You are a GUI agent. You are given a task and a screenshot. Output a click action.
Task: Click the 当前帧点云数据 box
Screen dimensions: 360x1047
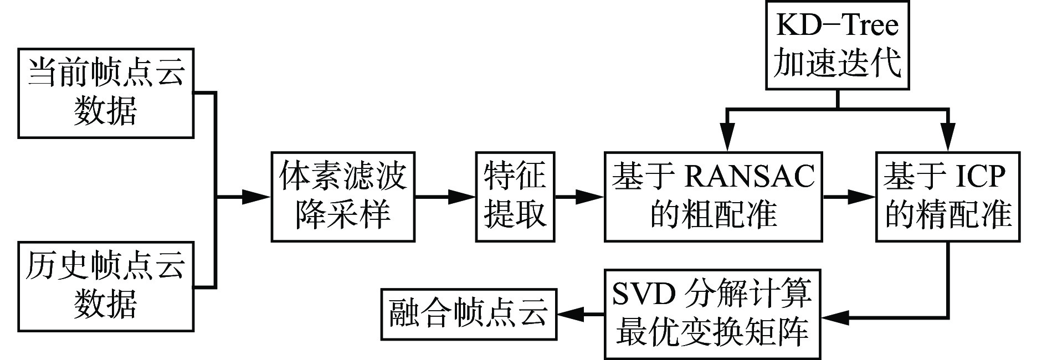(x=106, y=92)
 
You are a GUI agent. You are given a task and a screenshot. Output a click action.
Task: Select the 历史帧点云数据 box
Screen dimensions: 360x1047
(x=106, y=286)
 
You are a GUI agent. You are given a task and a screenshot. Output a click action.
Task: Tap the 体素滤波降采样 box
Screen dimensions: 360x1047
(x=343, y=196)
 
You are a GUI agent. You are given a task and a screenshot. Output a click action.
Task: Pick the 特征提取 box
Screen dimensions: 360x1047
(x=515, y=196)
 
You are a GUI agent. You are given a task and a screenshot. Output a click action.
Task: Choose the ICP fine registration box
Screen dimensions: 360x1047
(x=948, y=196)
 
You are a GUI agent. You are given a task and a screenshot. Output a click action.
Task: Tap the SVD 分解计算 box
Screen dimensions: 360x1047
(x=712, y=314)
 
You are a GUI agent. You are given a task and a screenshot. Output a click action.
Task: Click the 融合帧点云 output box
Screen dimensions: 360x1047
(x=469, y=314)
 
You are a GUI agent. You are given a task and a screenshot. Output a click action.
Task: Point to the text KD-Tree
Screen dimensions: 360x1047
(x=836, y=25)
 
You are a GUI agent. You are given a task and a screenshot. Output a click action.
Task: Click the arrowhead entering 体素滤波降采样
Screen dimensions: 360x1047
(x=258, y=196)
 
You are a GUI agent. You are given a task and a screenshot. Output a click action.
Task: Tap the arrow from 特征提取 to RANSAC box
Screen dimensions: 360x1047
(x=579, y=196)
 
